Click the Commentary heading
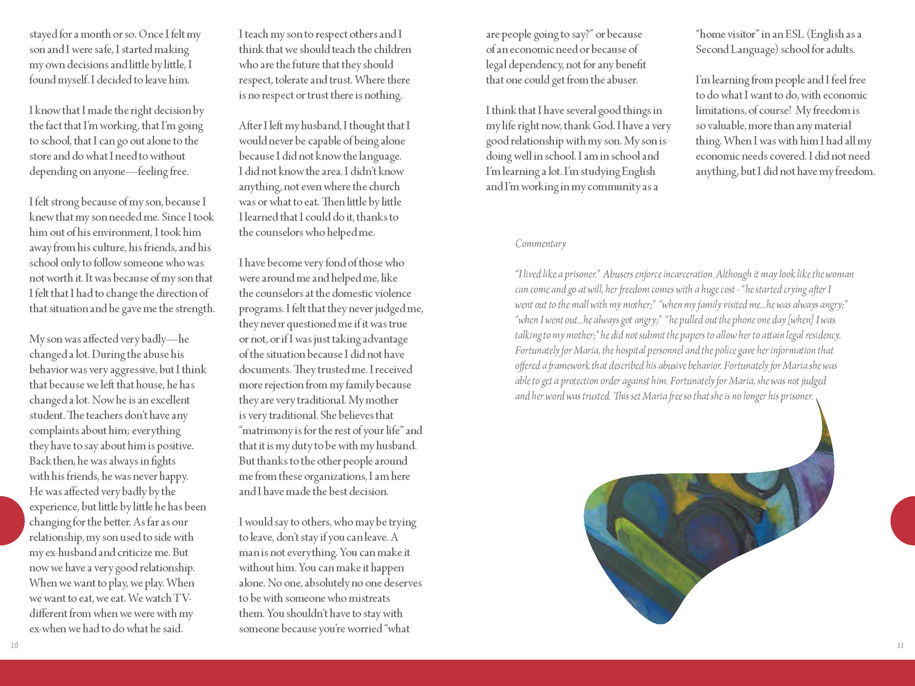(x=540, y=244)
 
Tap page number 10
(x=15, y=646)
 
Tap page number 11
(x=900, y=646)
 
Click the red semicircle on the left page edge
(x=10, y=520)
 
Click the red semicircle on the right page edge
(x=904, y=520)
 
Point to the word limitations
(x=720, y=111)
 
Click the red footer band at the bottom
(x=457, y=673)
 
